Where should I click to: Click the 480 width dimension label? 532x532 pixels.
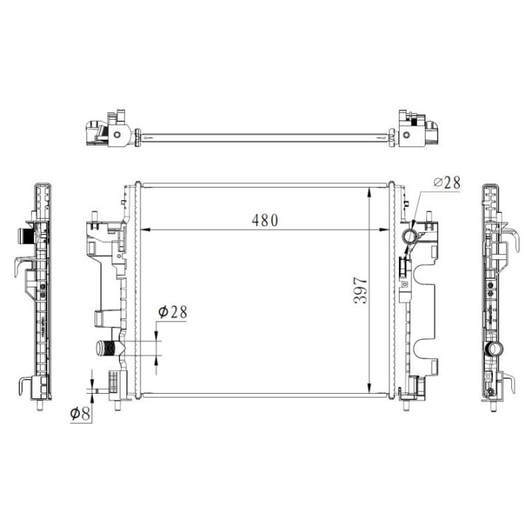point(265,220)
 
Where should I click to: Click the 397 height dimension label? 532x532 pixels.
point(361,290)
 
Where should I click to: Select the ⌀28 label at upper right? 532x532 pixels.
point(447,183)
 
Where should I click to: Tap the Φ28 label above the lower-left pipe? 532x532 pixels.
point(173,312)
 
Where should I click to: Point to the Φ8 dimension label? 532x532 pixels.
point(80,413)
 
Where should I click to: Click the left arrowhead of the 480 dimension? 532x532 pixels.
point(146,230)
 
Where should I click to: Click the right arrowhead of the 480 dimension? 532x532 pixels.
point(384,230)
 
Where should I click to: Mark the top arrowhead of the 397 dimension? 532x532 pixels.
point(369,193)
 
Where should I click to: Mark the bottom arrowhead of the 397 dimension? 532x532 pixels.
point(369,387)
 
